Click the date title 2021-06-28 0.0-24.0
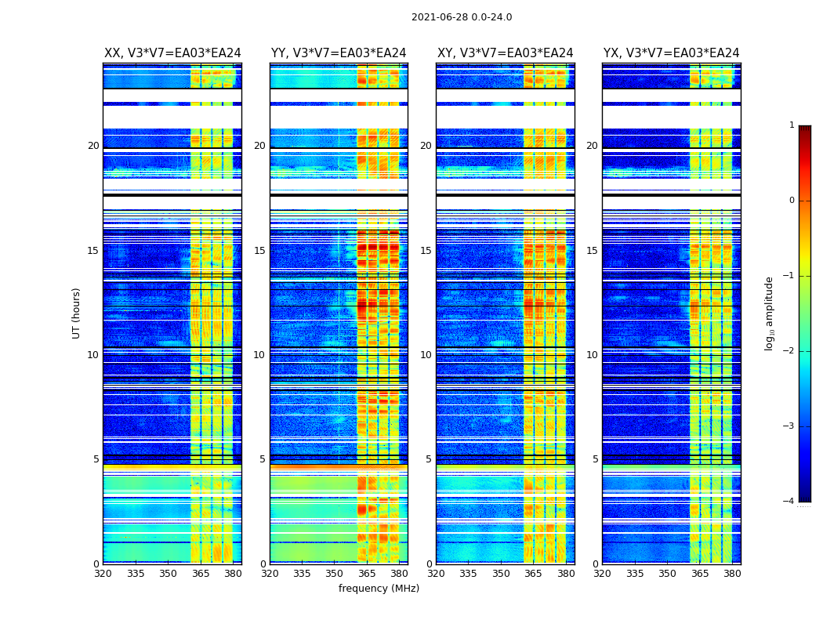coord(462,17)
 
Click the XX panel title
coord(172,53)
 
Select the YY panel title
coord(339,53)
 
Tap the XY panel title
coord(506,53)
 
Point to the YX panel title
coord(672,53)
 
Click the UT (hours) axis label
coord(77,313)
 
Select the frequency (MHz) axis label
coord(379,589)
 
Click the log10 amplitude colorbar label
coord(770,313)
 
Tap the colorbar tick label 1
coord(791,125)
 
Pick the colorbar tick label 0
coord(791,201)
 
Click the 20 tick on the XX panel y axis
coord(93,146)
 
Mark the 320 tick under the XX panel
coord(103,574)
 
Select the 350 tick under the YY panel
coord(334,574)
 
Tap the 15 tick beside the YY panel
coord(259,251)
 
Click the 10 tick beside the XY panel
coord(426,355)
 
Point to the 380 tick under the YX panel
coord(732,574)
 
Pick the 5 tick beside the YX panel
coord(595,459)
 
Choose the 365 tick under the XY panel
coord(533,574)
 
